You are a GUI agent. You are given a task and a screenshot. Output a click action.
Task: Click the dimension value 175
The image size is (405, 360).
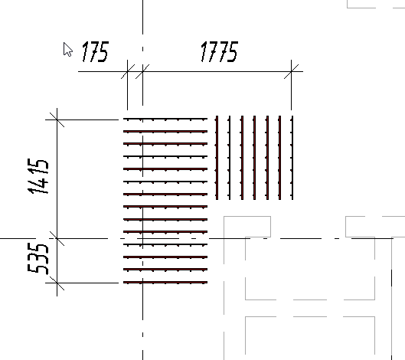[95, 52]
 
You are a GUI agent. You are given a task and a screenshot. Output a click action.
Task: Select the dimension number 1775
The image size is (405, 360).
[219, 51]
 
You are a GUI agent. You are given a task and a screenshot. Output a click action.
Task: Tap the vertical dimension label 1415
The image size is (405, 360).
[38, 176]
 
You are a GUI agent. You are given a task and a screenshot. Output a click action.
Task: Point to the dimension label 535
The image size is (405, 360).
[38, 258]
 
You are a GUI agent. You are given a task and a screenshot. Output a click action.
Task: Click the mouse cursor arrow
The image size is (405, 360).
[67, 49]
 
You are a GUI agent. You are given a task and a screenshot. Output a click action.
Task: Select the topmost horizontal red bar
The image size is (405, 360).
[165, 119]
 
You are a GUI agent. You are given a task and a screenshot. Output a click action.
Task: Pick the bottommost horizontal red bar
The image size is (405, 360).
[165, 283]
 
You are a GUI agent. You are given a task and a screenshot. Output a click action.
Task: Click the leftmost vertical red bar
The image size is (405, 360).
[217, 158]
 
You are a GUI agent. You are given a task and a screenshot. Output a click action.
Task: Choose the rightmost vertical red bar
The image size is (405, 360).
[292, 158]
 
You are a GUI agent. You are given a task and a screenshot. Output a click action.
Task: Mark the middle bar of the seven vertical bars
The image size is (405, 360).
[255, 158]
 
